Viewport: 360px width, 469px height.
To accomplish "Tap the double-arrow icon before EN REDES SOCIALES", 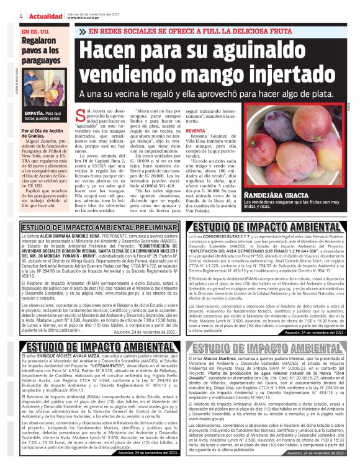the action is (93, 30).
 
